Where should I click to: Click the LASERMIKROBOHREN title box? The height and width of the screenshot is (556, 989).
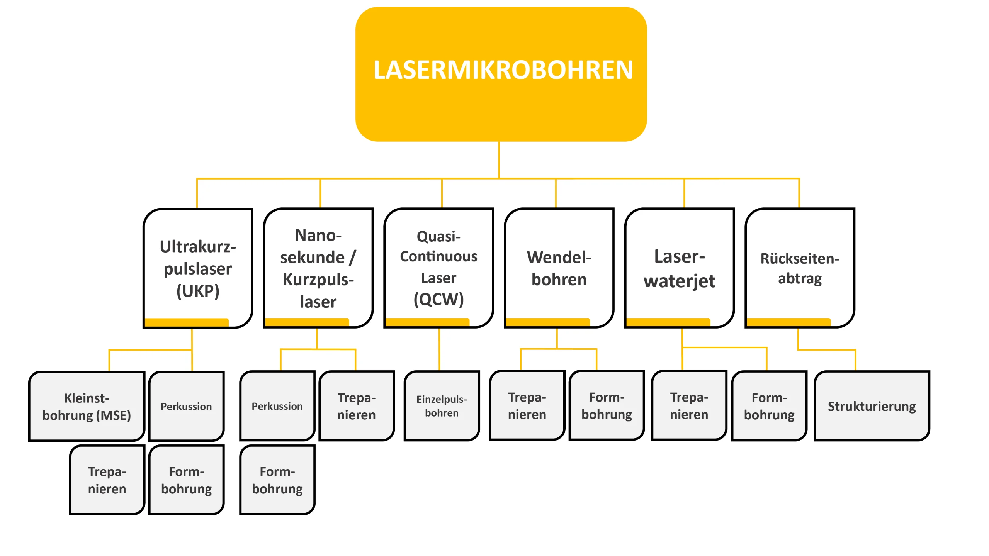501,74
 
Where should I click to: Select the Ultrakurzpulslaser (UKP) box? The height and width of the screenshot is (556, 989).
198,268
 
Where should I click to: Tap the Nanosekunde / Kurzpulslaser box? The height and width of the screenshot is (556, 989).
318,268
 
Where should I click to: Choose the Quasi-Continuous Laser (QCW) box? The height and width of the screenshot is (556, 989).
438,268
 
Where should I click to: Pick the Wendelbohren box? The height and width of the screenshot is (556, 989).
559,268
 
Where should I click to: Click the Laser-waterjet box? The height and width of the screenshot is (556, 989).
679,268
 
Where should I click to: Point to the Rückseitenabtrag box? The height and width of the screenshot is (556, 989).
800,268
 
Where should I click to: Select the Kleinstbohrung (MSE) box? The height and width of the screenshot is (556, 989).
87,406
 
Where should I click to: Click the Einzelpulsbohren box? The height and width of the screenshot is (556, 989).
442,406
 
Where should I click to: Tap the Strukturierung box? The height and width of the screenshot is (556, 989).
872,406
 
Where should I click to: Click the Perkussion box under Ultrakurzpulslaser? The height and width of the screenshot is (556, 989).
186,406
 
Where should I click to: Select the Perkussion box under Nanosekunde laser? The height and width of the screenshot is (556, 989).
277,406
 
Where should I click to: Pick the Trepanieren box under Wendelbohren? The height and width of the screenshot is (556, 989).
527,405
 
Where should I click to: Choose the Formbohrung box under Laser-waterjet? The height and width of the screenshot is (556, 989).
769,406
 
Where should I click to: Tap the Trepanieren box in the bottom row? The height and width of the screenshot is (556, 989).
107,480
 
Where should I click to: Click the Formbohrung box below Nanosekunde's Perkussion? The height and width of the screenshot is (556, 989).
277,480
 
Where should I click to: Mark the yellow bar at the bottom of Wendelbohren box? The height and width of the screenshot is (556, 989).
547,322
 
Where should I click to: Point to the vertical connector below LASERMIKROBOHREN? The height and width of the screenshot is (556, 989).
499,159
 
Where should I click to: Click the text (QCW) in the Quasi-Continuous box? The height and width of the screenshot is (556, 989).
438,299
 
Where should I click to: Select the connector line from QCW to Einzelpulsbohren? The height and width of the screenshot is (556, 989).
439,349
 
